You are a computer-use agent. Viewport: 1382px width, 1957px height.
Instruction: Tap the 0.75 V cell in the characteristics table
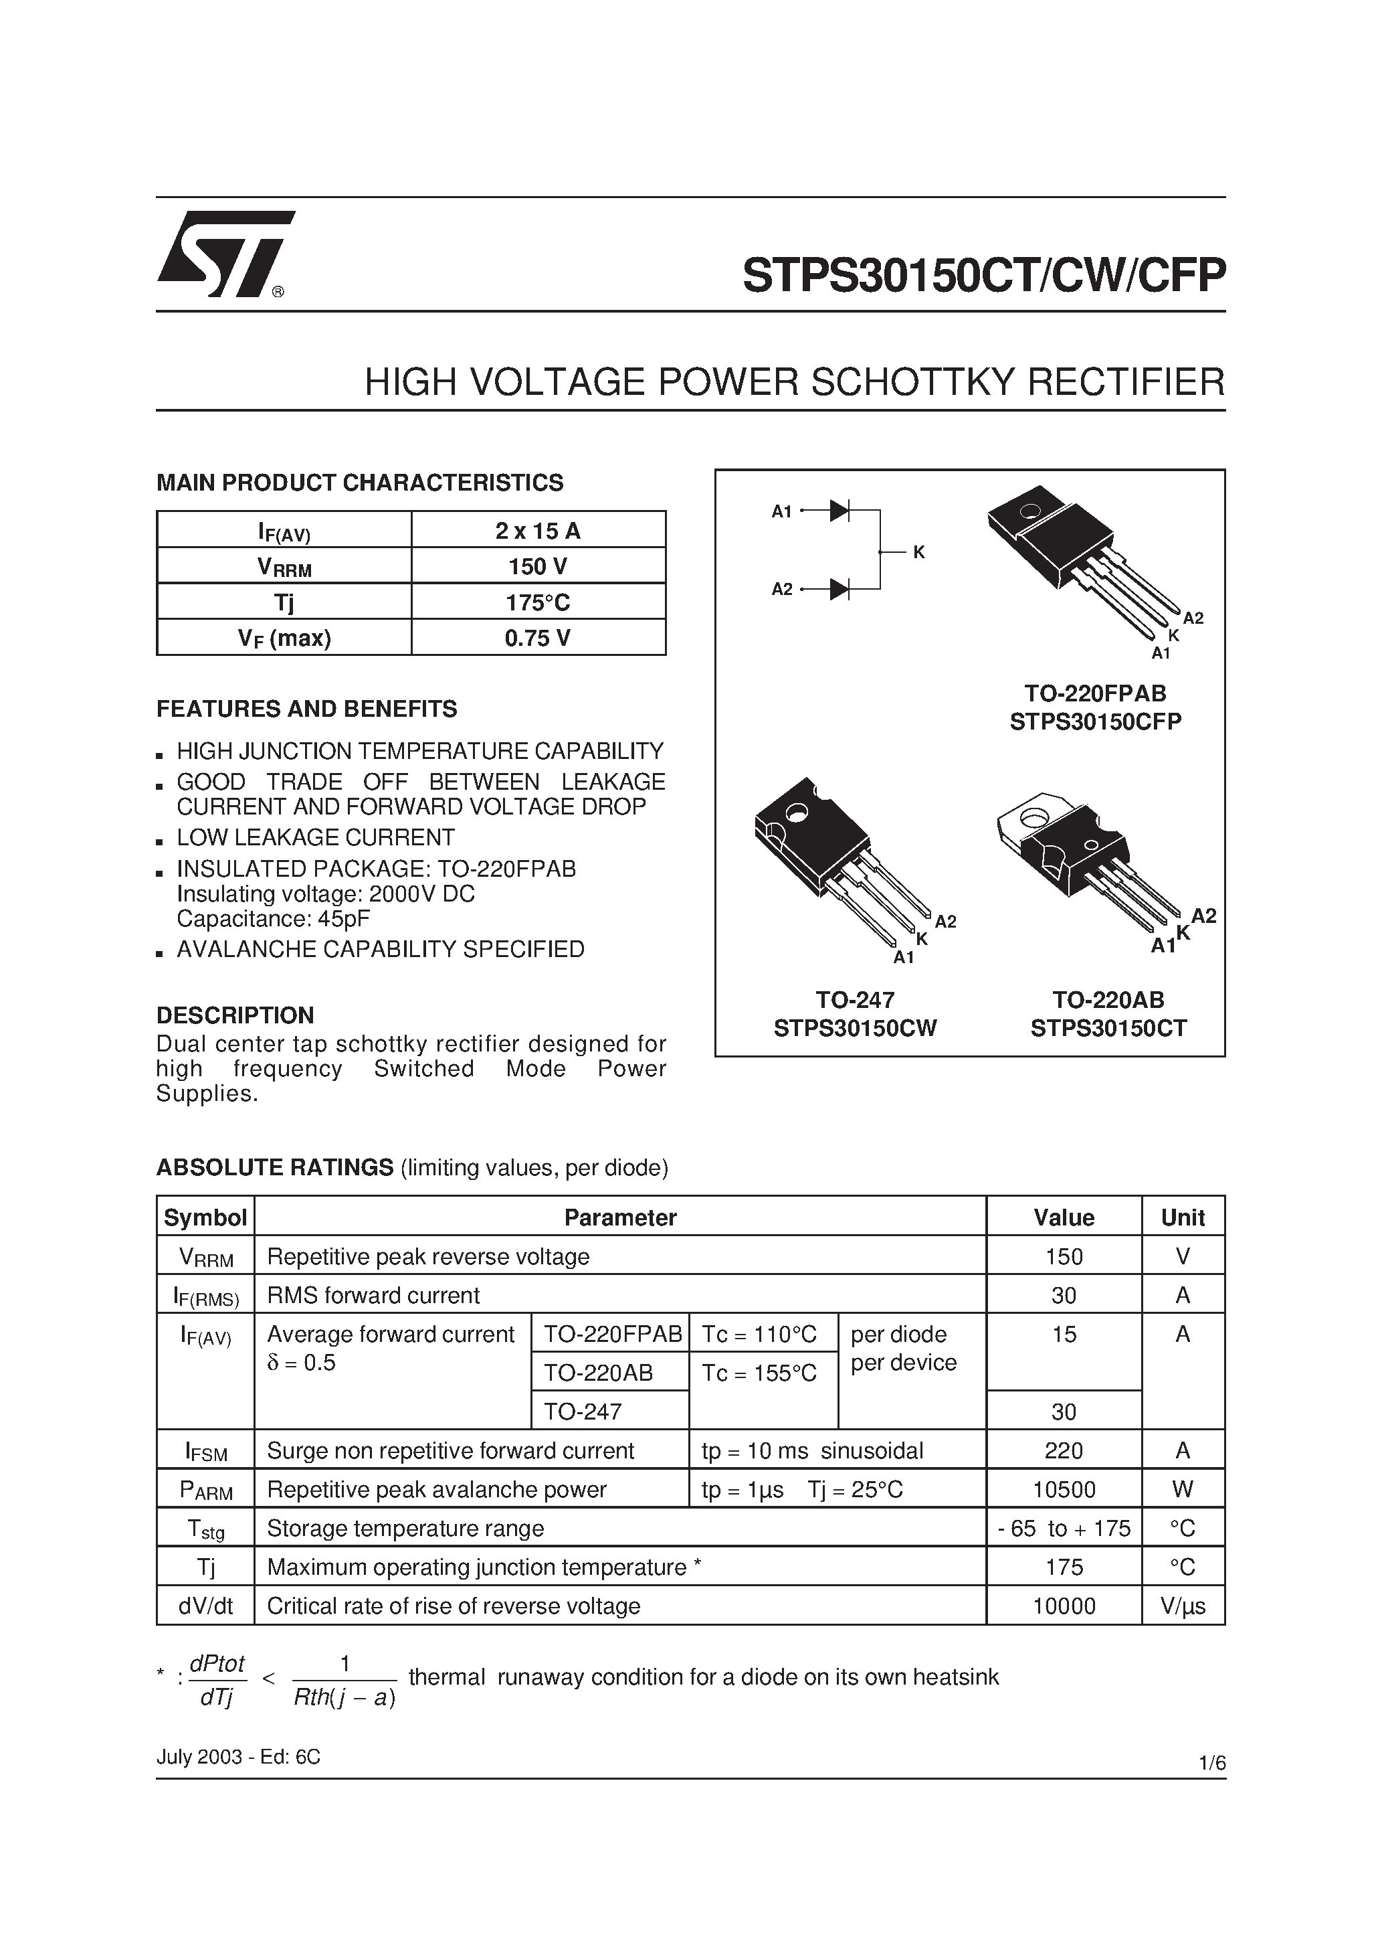tap(538, 638)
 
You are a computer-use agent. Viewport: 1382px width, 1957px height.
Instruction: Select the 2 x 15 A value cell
tap(538, 531)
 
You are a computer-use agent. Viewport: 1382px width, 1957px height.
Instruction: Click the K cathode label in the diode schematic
tap(918, 552)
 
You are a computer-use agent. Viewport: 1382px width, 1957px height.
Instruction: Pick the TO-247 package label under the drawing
tap(855, 999)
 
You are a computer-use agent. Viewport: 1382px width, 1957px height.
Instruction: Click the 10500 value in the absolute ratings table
tap(1064, 1489)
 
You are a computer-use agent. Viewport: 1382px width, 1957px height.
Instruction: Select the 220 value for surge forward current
tap(1064, 1451)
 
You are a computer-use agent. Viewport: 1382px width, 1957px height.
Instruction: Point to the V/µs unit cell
tap(1183, 1606)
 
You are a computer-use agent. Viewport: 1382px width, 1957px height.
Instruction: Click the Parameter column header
tap(619, 1217)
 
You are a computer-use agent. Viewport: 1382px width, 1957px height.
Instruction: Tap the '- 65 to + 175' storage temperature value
tap(1064, 1528)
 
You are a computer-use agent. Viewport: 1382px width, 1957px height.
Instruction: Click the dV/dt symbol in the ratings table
tap(205, 1606)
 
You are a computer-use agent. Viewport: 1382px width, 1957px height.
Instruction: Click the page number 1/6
tap(1211, 1763)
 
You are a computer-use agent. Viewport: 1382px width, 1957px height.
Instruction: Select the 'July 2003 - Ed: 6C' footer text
tap(239, 1757)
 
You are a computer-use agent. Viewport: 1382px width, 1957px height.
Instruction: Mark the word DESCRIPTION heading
tap(235, 1015)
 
